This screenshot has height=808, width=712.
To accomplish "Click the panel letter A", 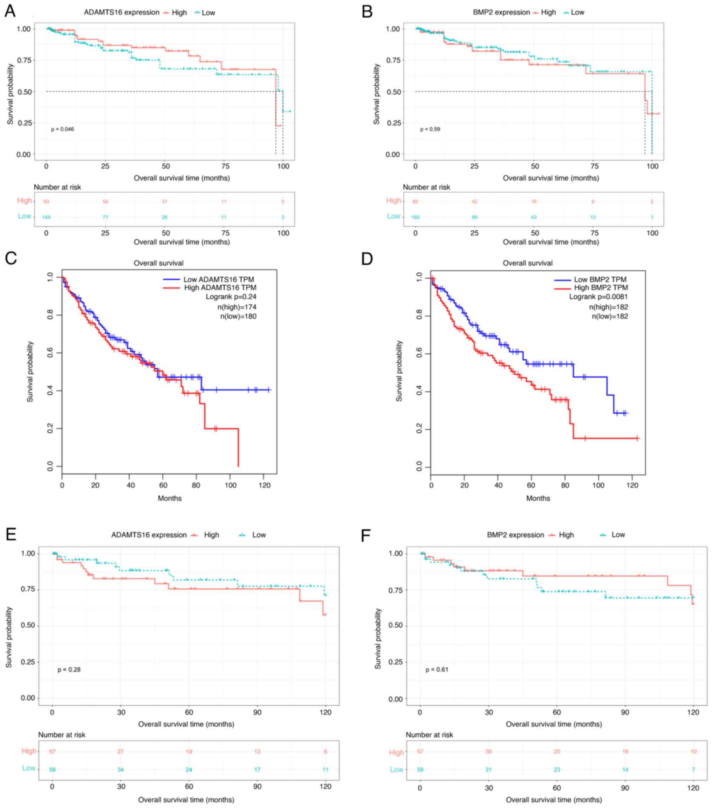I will coord(10,11).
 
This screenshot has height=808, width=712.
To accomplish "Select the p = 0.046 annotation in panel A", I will coord(62,129).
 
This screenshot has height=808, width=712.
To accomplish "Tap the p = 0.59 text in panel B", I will coord(430,129).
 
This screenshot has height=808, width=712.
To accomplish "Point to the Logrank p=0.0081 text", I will coord(598,297).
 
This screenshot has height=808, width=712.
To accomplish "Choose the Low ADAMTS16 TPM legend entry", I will coord(219,279).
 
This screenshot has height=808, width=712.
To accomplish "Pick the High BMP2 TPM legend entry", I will coord(601,288).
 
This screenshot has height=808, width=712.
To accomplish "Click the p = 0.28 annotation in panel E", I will coord(69,670).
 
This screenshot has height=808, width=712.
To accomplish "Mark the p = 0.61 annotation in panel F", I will coord(437,670).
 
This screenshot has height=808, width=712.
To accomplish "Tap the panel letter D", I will coord(367,259).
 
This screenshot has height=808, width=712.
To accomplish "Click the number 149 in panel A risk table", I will coord(47,217).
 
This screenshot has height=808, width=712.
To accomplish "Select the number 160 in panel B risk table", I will coord(415,217).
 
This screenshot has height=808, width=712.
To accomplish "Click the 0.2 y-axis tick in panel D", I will coord(420,430).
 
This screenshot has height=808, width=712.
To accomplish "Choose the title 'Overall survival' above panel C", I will coord(158,263).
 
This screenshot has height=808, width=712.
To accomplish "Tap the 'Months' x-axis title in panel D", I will coord(538,498).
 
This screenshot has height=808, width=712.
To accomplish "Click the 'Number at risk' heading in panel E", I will coord(62,735).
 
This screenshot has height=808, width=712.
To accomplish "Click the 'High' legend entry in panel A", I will coord(179,13).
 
